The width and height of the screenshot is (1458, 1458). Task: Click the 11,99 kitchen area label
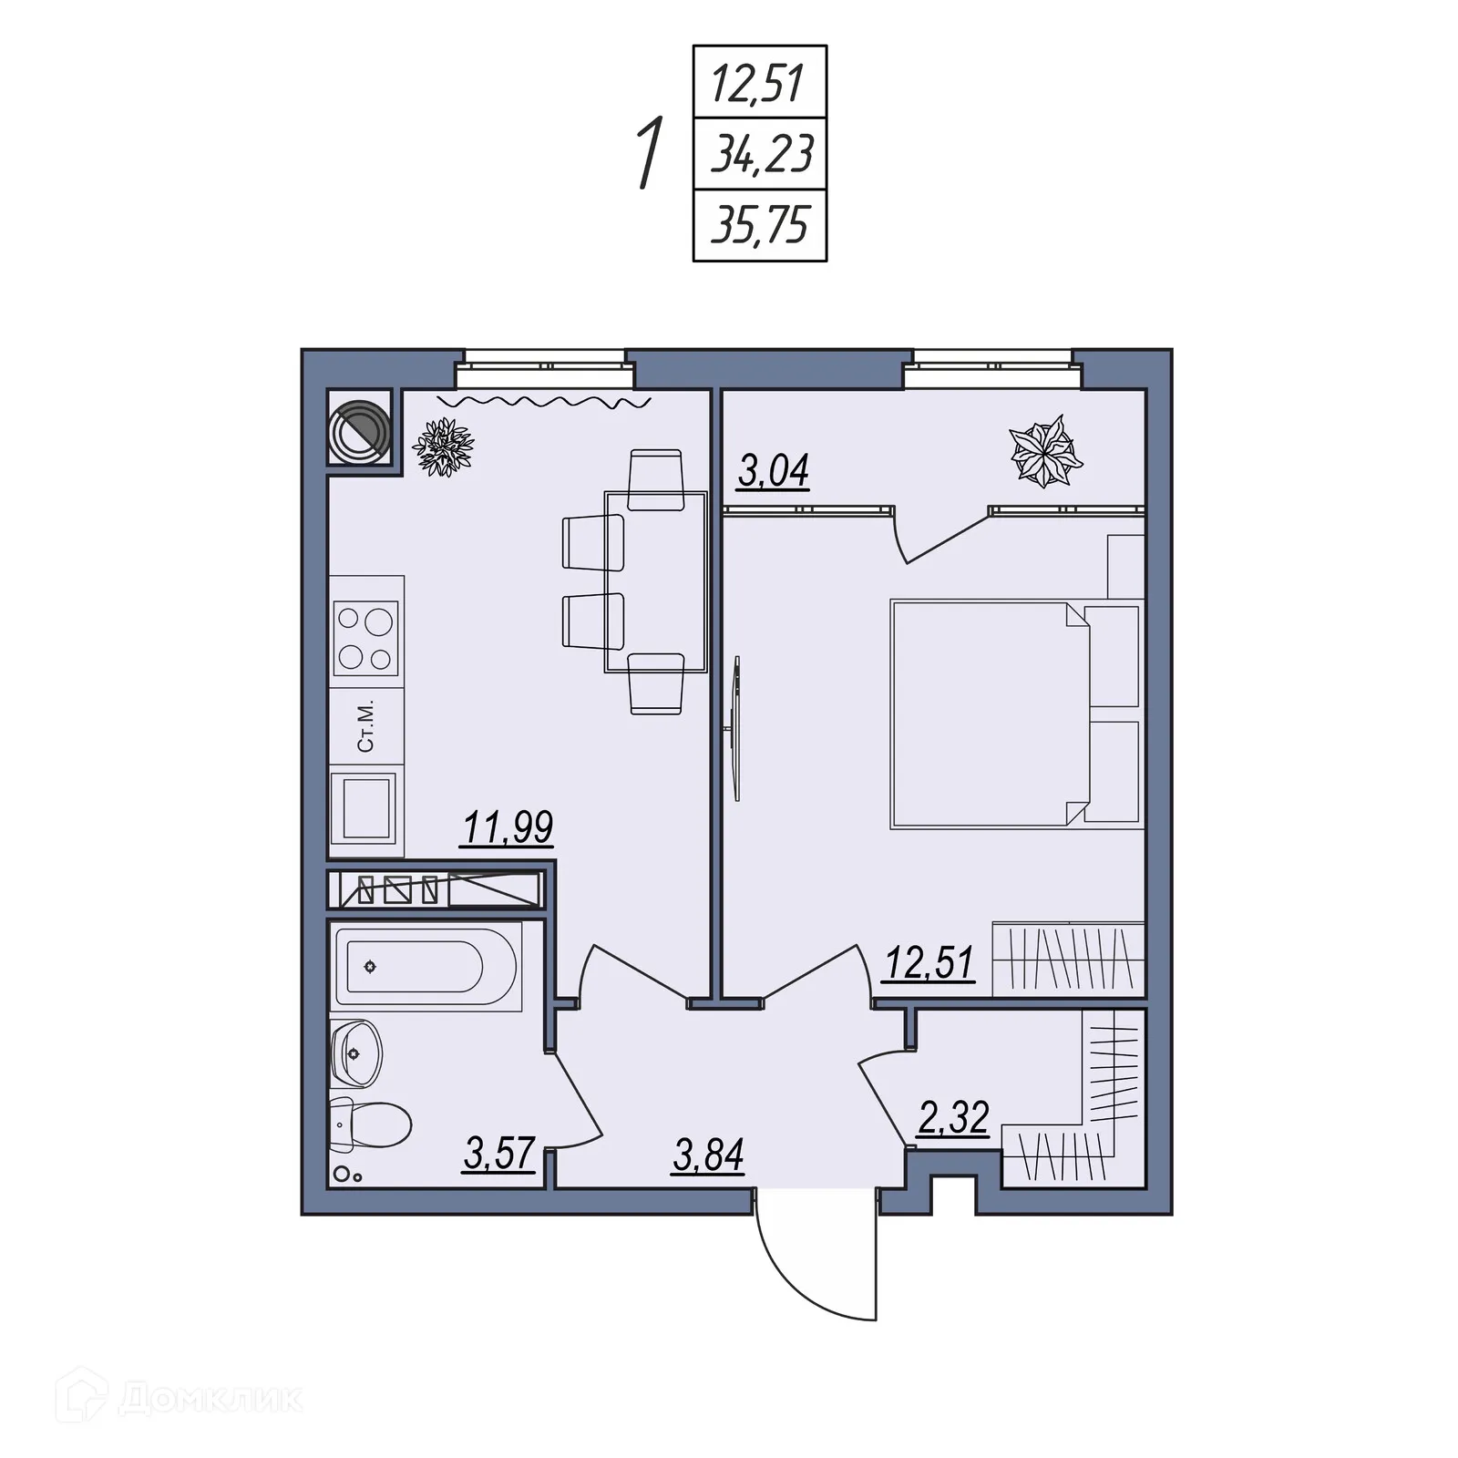pos(508,827)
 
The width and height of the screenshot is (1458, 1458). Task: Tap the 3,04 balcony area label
pos(773,472)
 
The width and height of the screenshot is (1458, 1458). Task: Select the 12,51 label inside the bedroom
pos(929,962)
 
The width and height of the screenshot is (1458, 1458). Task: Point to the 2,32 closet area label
pos(953,1117)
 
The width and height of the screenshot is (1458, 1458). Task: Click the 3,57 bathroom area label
pos(498,1154)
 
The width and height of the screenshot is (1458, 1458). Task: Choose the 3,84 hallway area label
pos(708,1155)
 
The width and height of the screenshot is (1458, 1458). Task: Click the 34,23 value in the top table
pos(761,154)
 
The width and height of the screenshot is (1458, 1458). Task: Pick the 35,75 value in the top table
pos(760,225)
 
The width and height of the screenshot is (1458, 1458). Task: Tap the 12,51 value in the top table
pos(757,83)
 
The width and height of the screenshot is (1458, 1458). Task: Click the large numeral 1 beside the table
pos(649,152)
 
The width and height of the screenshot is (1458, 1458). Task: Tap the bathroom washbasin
pos(356,1052)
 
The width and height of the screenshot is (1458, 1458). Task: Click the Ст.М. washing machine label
pos(366,725)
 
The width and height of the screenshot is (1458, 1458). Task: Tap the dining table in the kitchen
pos(656,581)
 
